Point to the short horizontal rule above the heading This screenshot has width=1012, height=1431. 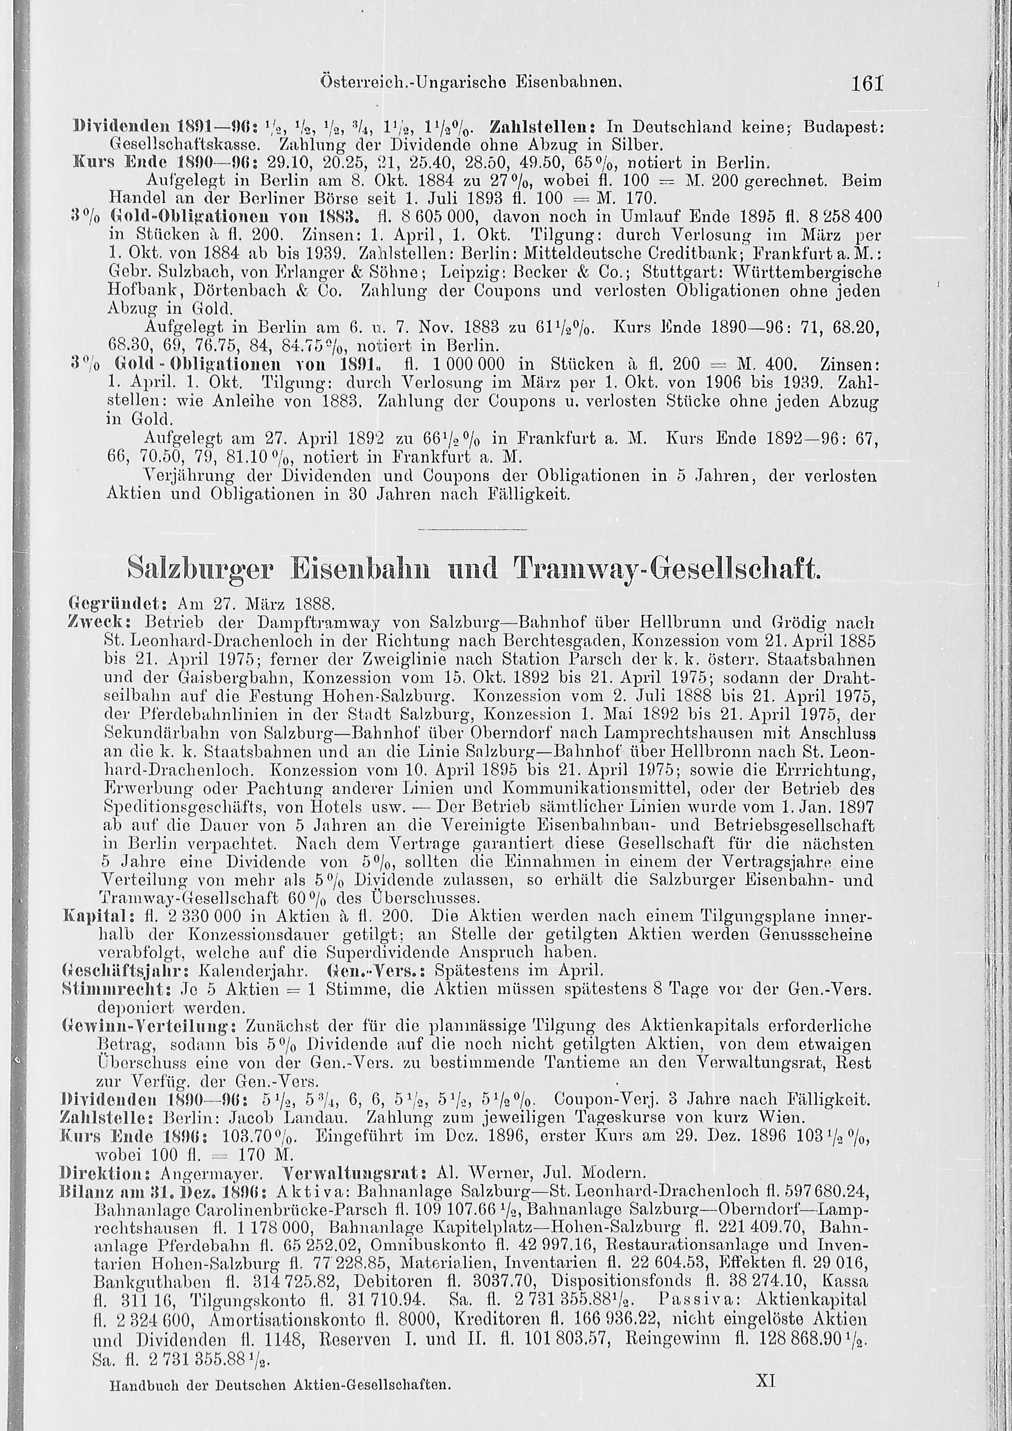tap(471, 530)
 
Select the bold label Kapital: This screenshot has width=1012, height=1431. tap(94, 917)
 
